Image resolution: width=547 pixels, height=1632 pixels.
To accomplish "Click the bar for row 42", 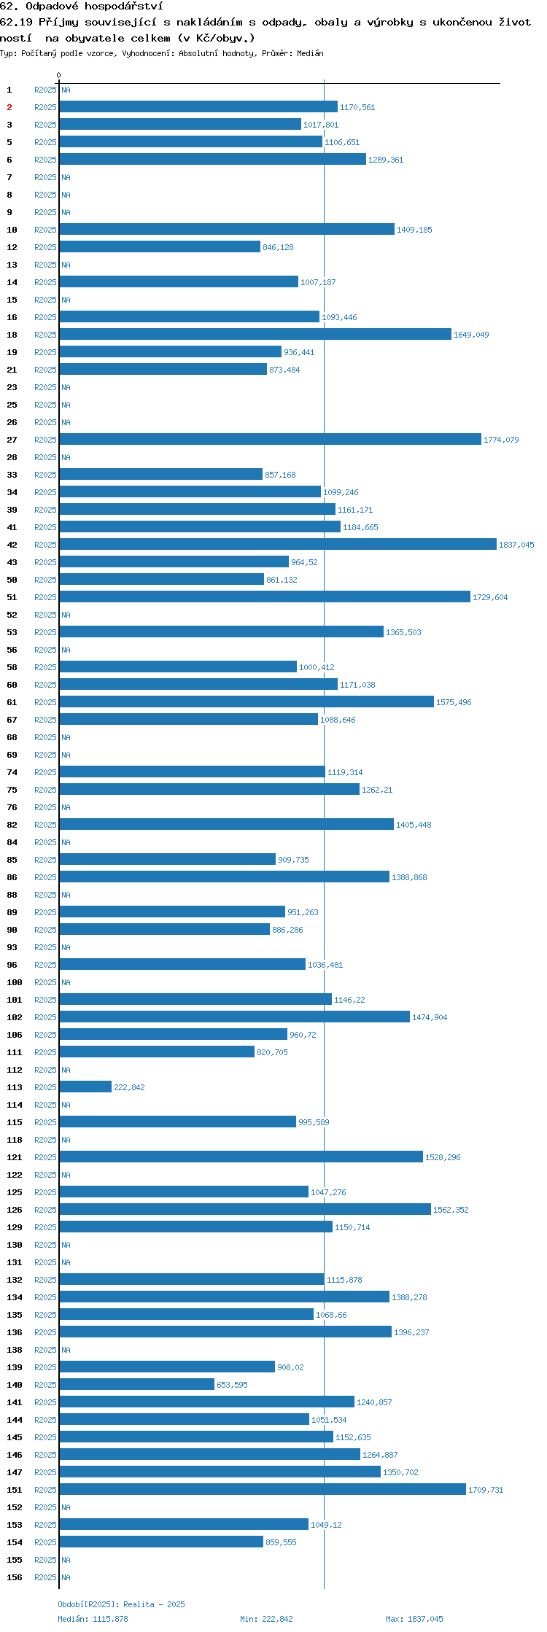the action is coord(278,544).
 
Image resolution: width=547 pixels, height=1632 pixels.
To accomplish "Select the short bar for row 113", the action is coord(85,1087).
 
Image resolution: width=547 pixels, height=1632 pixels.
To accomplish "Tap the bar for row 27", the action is coord(271,439).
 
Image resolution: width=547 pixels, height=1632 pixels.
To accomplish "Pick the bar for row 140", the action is coord(137,1384).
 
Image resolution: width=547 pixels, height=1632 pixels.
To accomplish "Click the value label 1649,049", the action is coord(471,335).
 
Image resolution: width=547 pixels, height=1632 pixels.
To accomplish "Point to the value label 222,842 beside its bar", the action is coord(129,1087).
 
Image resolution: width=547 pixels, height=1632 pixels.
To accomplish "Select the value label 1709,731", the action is coord(486,1490).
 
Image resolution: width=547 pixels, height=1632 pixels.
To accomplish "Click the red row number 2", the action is coord(9,107).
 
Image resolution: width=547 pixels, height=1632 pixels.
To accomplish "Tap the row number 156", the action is coord(15,1577).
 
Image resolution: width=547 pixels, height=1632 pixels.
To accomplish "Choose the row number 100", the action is coord(15,982).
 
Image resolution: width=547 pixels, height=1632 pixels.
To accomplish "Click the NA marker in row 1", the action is coord(66,90).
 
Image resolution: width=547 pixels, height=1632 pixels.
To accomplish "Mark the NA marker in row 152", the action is coord(66,1507).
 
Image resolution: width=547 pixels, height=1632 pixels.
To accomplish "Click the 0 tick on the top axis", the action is coord(59,75).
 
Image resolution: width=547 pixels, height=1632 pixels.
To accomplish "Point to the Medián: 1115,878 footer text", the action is coord(93,1619).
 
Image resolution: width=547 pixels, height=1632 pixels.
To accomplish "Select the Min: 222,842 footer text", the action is coord(266,1619).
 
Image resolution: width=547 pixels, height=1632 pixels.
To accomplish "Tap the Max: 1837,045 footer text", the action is coord(414,1619).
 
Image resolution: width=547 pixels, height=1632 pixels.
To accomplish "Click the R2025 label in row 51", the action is coord(45,597).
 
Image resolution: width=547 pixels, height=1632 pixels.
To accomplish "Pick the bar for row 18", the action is coord(255,334).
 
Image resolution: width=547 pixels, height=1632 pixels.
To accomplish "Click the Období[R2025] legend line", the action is coord(121,1604).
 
